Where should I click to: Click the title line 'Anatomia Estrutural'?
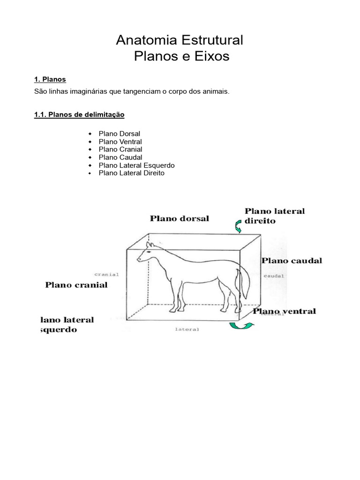(x=180, y=40)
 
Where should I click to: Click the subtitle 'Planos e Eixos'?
(x=181, y=57)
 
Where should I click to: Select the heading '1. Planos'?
(x=50, y=80)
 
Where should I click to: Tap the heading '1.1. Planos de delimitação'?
(x=79, y=114)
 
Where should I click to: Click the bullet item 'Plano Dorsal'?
(x=119, y=134)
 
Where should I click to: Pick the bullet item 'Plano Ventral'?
(x=120, y=142)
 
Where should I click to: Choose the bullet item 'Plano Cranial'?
(x=120, y=150)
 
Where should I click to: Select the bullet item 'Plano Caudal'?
(x=120, y=157)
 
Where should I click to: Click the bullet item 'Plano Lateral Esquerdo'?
(x=136, y=165)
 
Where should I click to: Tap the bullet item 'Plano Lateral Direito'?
(x=131, y=173)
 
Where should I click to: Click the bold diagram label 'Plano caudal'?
(x=292, y=261)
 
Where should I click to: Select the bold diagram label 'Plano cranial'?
(x=76, y=285)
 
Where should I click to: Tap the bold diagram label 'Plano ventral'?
(x=285, y=311)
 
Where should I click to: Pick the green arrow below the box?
(x=241, y=325)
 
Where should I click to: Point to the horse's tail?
(x=244, y=281)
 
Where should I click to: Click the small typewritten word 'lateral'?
(x=187, y=330)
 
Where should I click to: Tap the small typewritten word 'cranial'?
(x=106, y=274)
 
